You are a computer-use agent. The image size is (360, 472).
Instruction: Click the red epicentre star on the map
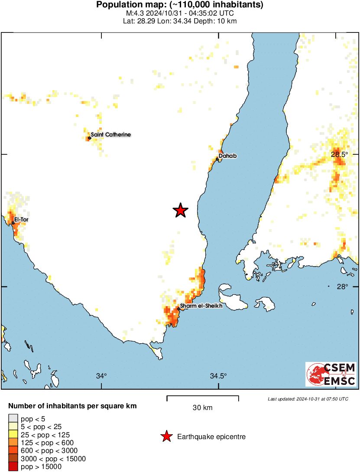(181, 210)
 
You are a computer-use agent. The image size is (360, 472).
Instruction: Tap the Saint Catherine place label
(111, 135)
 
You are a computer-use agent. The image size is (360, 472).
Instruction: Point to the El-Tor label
(21, 220)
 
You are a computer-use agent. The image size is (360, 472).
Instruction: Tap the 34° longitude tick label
(101, 376)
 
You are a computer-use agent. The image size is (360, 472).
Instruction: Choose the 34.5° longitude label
(219, 376)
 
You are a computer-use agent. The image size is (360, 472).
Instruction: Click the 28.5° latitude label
(340, 154)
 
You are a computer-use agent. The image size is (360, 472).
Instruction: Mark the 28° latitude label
(342, 286)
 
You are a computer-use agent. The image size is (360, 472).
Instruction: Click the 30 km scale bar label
(203, 408)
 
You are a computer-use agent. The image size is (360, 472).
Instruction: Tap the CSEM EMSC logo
(331, 374)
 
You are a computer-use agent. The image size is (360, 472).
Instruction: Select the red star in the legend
(166, 437)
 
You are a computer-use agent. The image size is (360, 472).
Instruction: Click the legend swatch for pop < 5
(13, 419)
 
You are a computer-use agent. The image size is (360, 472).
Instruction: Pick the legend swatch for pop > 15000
(13, 467)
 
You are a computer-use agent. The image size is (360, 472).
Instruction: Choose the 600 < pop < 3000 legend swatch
(13, 451)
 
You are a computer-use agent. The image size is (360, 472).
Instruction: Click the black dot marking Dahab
(217, 159)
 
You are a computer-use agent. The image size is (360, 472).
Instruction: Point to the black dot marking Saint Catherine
(89, 138)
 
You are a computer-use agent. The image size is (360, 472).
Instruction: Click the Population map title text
(180, 5)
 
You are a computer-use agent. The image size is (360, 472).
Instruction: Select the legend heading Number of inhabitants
(73, 406)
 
